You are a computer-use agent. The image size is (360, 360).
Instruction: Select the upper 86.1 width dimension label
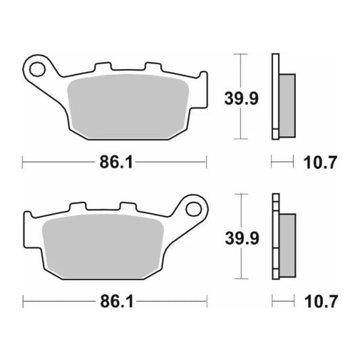pos(112,162)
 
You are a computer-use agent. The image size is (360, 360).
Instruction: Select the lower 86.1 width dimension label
pos(112,301)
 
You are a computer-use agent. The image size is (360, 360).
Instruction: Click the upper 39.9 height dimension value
pos(240,99)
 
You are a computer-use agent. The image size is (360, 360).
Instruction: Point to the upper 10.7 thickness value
pos(321,162)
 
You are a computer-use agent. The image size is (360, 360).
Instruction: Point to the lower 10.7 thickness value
pos(321,301)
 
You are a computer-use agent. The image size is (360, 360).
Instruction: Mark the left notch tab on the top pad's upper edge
pos(103,68)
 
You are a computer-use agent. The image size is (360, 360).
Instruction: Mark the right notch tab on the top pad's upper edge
pos(152,68)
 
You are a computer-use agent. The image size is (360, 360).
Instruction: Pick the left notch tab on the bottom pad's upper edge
pos(78,206)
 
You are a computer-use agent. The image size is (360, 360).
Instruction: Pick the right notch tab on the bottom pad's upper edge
pos(127,206)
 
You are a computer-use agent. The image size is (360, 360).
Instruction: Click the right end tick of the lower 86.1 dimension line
pos(206,301)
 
